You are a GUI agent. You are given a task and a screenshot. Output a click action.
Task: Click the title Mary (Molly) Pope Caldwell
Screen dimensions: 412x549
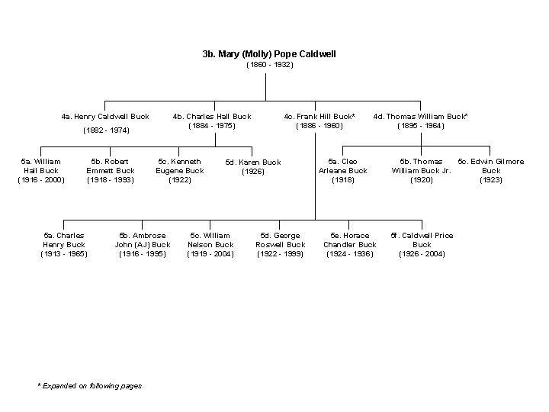click(x=269, y=55)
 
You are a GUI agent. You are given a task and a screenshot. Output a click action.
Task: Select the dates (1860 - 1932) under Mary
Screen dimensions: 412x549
click(x=269, y=66)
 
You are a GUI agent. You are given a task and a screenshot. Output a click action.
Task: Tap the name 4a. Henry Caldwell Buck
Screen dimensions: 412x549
click(x=105, y=117)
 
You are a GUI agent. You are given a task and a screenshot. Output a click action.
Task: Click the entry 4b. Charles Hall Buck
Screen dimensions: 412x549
click(x=212, y=117)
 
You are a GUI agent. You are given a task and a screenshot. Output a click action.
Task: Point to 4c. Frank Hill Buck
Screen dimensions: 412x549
click(x=319, y=117)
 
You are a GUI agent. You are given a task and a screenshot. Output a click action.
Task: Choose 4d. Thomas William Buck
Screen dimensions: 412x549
click(x=420, y=117)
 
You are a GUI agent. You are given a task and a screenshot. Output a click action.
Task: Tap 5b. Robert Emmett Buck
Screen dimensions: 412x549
click(x=111, y=171)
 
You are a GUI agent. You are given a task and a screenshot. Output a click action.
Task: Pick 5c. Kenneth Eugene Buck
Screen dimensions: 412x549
click(x=179, y=171)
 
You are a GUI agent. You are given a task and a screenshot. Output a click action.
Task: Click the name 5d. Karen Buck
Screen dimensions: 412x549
click(x=253, y=163)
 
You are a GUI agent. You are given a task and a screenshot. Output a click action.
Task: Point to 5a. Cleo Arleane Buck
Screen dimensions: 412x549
click(x=343, y=171)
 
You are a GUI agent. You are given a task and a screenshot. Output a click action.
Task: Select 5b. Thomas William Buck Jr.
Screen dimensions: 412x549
click(x=422, y=171)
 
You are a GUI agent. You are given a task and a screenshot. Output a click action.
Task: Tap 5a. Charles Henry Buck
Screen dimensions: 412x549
click(x=64, y=244)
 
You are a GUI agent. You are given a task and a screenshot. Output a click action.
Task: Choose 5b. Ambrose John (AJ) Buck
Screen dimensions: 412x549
click(x=143, y=244)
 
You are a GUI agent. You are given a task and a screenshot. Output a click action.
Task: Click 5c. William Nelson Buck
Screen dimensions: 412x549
click(x=210, y=244)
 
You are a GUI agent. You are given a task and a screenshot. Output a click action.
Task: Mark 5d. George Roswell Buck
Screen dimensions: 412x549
click(x=281, y=244)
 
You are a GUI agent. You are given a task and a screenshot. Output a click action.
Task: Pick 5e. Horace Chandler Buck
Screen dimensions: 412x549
click(x=350, y=244)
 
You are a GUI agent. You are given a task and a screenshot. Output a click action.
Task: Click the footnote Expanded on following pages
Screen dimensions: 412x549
click(x=90, y=386)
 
